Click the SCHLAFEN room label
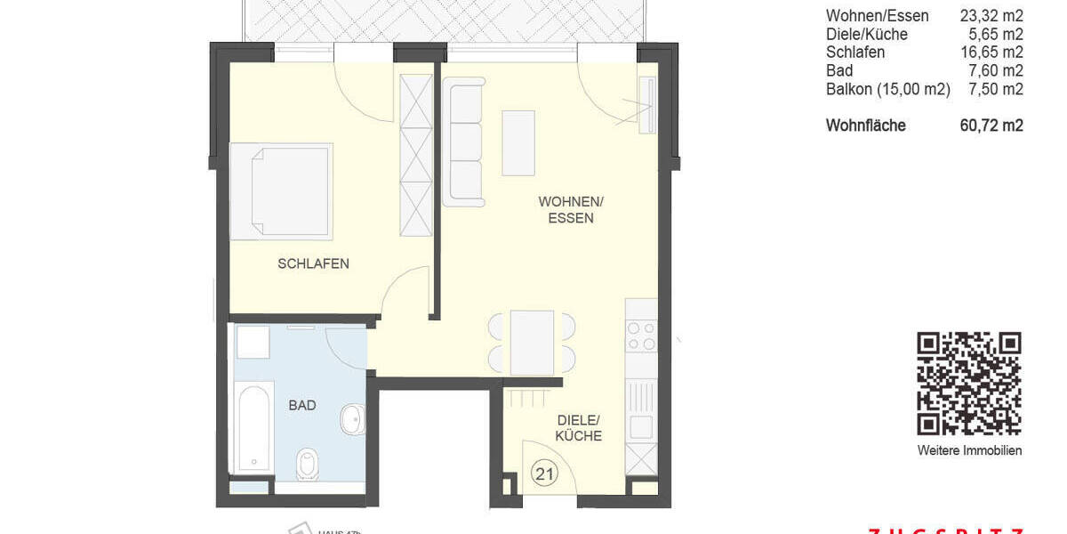point(313,263)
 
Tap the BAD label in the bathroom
point(302,405)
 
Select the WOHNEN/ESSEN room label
point(566,209)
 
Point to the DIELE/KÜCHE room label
point(579,427)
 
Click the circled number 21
point(544,474)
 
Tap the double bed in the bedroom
point(282,191)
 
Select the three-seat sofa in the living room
point(464,142)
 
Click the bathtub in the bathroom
point(253,427)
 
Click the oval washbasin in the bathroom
point(353,419)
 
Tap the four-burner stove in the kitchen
point(642,336)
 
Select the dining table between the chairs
point(532,342)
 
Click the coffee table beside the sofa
point(518,142)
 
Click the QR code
point(969,383)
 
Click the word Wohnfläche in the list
point(865,125)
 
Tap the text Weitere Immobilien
point(969,450)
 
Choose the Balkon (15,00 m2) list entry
point(888,89)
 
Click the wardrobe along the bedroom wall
point(415,155)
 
